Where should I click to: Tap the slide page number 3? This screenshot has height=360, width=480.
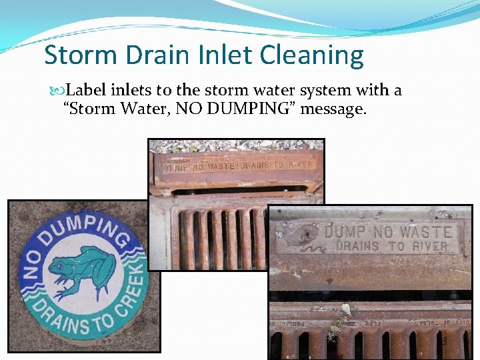tap(445, 342)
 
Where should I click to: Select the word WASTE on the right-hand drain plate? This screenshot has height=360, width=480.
tap(425, 232)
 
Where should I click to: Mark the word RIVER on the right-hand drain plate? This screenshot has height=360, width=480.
tap(428, 246)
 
